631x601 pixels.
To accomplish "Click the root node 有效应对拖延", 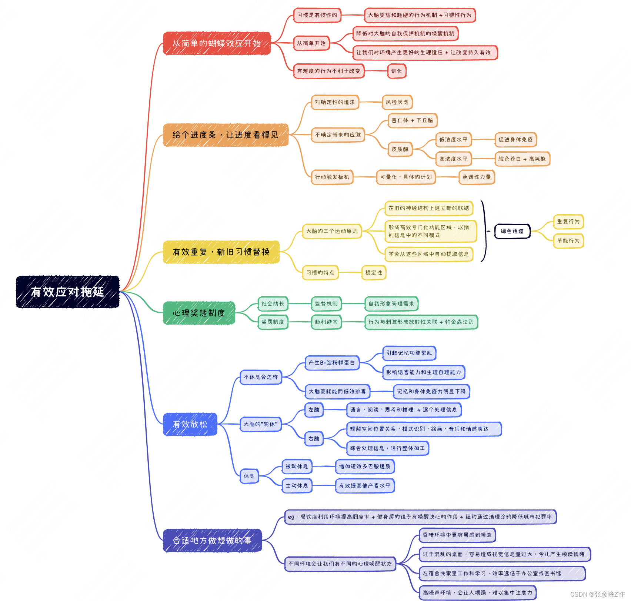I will pyautogui.click(x=67, y=292).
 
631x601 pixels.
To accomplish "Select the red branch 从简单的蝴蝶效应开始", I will pyautogui.click(x=217, y=43).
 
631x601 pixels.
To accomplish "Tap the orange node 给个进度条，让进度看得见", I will pyautogui.click(x=226, y=135).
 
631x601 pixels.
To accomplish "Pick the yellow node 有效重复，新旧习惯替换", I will pyautogui.click(x=221, y=252).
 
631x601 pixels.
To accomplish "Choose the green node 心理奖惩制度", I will pyautogui.click(x=199, y=313).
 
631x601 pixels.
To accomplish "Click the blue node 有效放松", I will pyautogui.click(x=190, y=424).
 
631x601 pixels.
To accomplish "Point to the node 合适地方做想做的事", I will pyautogui.click(x=212, y=541).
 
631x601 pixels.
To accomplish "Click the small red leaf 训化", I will pyautogui.click(x=397, y=71).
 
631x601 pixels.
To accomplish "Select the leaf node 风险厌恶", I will pyautogui.click(x=397, y=102).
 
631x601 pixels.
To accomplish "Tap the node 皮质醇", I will pyautogui.click(x=400, y=149).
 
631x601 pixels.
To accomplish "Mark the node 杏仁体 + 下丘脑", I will pyautogui.click(x=413, y=120).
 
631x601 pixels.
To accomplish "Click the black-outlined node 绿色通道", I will pyautogui.click(x=512, y=231).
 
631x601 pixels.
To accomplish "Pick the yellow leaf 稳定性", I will pyautogui.click(x=374, y=273).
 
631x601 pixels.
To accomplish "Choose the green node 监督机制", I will pyautogui.click(x=326, y=304).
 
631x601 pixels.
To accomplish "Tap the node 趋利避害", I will pyautogui.click(x=326, y=322).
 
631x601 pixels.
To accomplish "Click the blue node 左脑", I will pyautogui.click(x=314, y=410).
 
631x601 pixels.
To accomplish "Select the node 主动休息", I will pyautogui.click(x=297, y=486).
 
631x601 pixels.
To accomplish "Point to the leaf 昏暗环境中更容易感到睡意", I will pyautogui.click(x=457, y=535).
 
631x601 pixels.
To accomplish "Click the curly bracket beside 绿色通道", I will pyautogui.click(x=484, y=231).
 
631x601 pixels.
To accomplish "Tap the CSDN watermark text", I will pyautogui.click(x=597, y=594).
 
